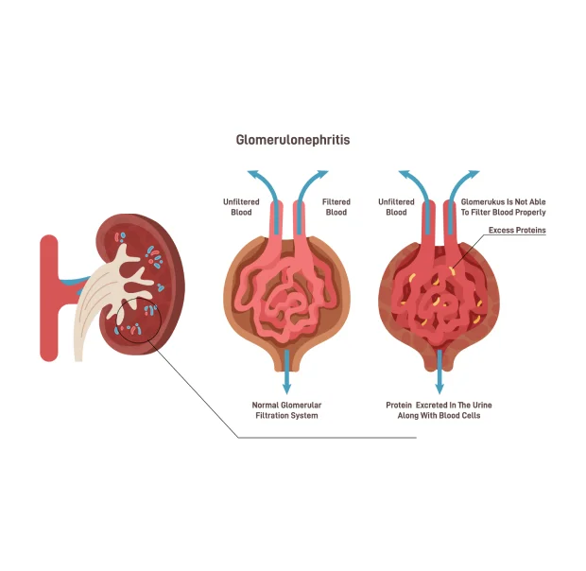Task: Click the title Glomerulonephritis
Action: (293, 140)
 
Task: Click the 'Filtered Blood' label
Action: (336, 207)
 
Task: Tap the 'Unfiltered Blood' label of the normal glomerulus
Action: (241, 207)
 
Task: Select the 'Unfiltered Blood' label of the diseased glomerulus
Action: (396, 207)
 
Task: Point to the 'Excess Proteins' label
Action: (517, 231)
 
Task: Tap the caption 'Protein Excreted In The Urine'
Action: (439, 406)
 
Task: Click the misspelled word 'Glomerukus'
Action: (482, 201)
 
